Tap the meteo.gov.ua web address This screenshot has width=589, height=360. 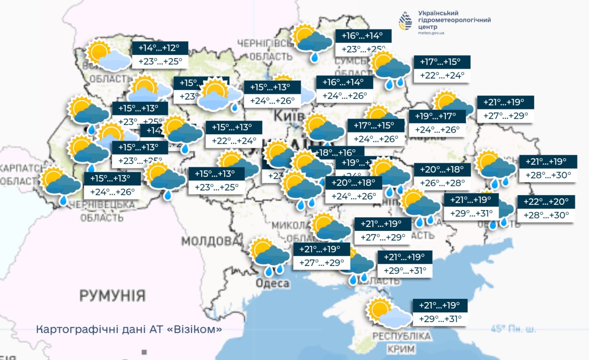[x=431, y=33]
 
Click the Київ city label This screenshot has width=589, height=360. [x=288, y=116]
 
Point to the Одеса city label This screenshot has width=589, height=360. [x=272, y=283]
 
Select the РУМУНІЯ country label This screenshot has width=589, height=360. [x=112, y=296]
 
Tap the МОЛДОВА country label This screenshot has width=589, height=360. [x=211, y=241]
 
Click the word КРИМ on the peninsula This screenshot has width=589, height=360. [x=401, y=348]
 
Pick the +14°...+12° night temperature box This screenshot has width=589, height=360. [x=160, y=48]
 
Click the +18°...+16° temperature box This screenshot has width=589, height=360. [x=336, y=152]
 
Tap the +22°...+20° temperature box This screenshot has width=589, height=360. [x=546, y=202]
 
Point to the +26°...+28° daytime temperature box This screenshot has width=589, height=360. [x=442, y=183]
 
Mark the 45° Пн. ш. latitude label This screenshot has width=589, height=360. [x=513, y=329]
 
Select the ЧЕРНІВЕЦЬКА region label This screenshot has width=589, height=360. [x=102, y=205]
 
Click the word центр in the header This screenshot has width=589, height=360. [x=428, y=26]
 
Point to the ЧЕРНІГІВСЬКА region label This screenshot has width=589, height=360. [x=265, y=44]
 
